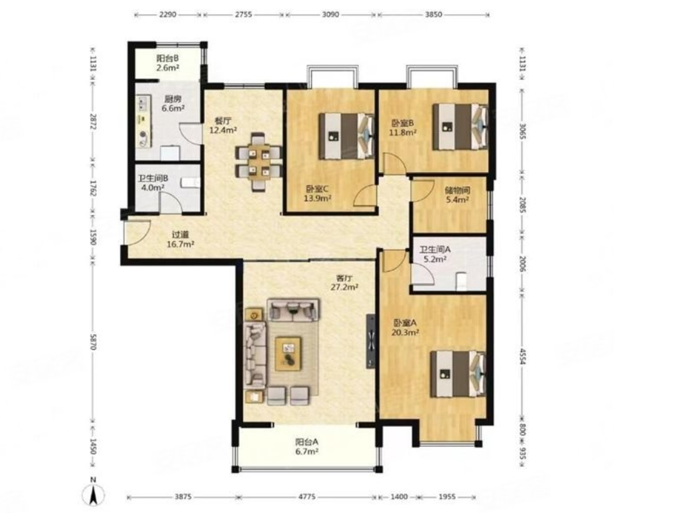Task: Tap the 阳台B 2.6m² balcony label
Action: tap(167, 63)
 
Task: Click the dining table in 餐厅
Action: tap(259, 162)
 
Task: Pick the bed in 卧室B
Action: tap(460, 126)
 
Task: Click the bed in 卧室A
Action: tap(458, 374)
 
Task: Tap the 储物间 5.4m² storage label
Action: tap(457, 195)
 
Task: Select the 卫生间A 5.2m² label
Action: tap(434, 254)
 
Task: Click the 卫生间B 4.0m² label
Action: tap(153, 183)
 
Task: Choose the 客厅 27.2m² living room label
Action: tap(344, 282)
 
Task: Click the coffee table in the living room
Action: tap(288, 354)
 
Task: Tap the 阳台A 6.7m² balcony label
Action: tap(307, 446)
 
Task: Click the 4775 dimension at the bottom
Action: tap(307, 496)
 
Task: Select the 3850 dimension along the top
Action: tap(434, 14)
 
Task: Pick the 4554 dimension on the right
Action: tap(523, 356)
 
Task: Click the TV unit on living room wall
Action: tap(371, 341)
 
